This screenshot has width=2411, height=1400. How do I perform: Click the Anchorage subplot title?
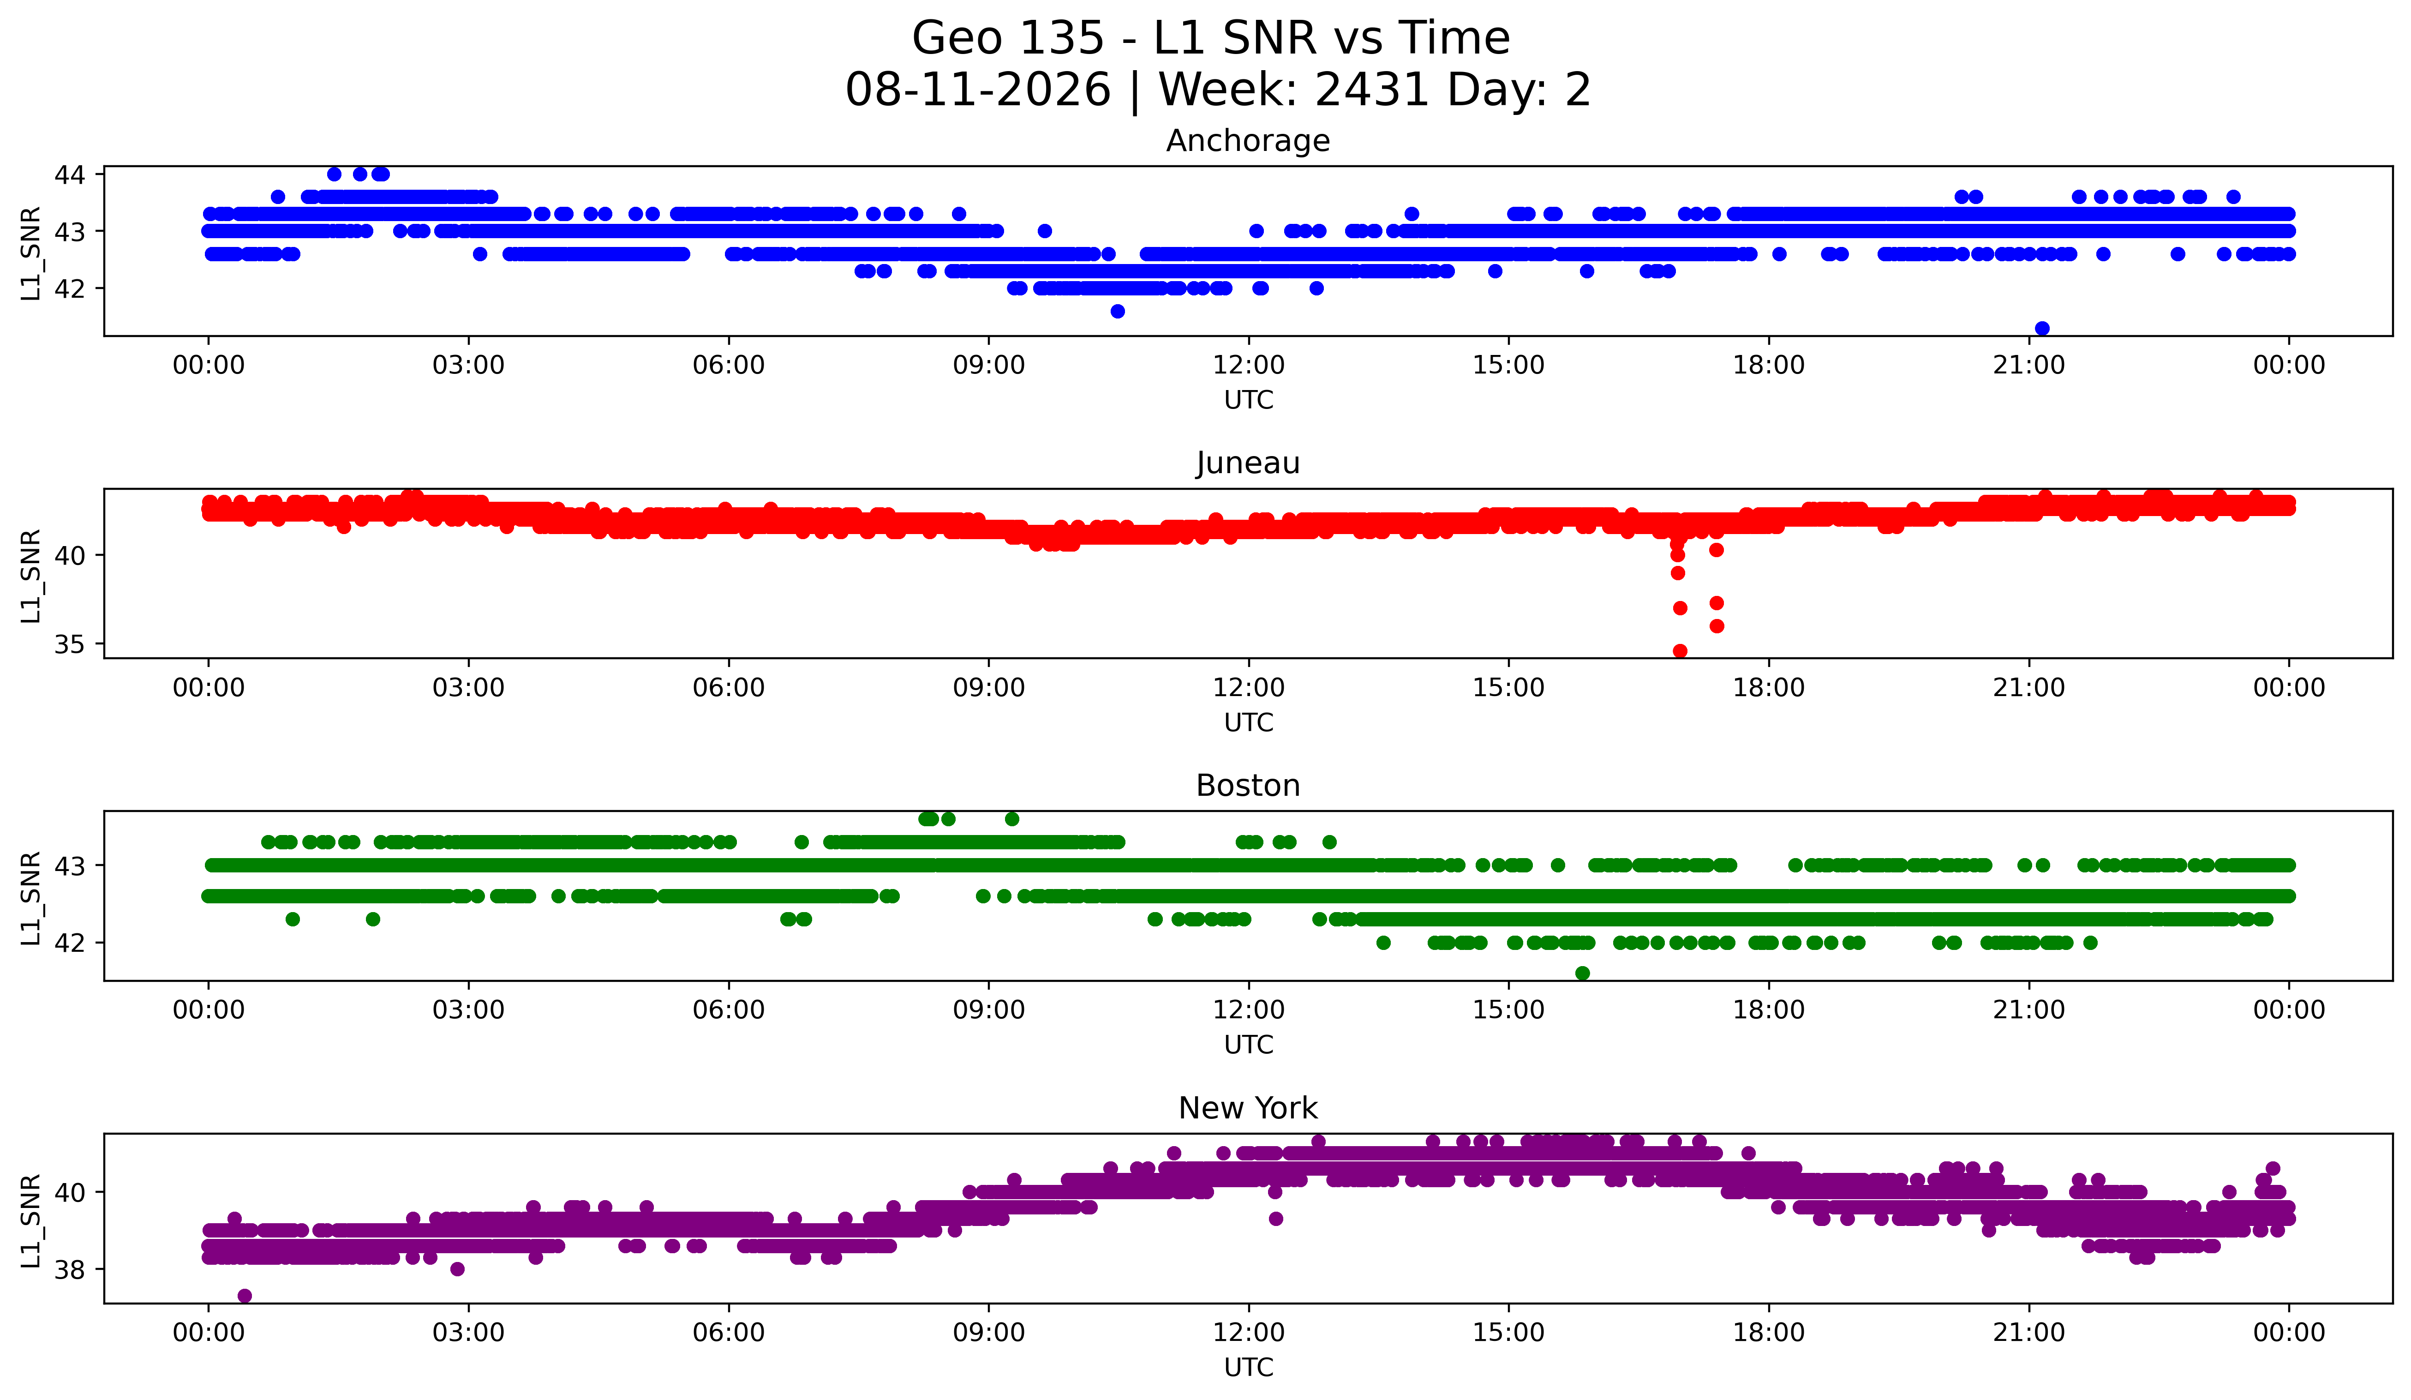pos(1248,141)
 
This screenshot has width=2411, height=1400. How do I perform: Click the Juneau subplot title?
pos(1248,463)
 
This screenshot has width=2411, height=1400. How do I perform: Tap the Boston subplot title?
pos(1248,786)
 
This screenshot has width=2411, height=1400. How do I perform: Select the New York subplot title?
pos(1248,1108)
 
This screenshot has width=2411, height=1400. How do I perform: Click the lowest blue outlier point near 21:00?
pos(2042,328)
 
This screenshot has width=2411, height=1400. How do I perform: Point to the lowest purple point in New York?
pos(245,1296)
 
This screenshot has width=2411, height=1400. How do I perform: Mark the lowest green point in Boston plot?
pos(1582,973)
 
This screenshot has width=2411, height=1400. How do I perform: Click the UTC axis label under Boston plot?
pos(1249,1045)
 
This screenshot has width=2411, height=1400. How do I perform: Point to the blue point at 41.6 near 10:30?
pos(1118,311)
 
